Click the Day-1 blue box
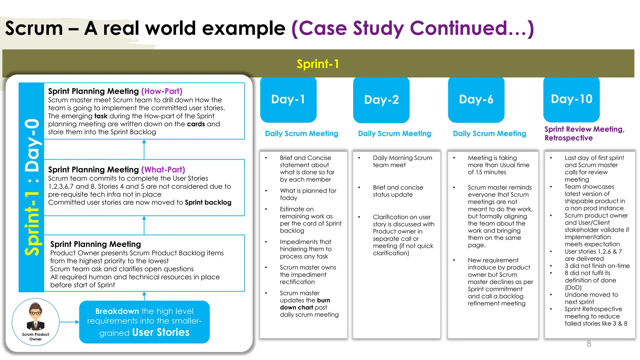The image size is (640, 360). (x=288, y=100)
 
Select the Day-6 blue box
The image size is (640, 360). (x=476, y=100)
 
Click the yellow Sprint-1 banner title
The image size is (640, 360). (x=317, y=64)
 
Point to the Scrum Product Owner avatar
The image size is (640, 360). (x=36, y=317)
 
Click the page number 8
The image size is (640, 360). (x=589, y=344)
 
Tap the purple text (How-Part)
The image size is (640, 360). (x=162, y=91)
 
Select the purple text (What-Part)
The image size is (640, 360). (x=163, y=170)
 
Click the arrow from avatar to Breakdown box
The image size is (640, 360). (x=69, y=322)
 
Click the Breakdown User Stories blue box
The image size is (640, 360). (x=144, y=322)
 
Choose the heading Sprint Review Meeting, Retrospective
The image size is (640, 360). (x=584, y=133)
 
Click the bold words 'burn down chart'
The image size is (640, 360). (x=305, y=304)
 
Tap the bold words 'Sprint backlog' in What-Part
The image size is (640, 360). (x=208, y=202)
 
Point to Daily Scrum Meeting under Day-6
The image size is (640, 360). (x=489, y=134)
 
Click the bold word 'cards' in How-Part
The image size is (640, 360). (x=196, y=124)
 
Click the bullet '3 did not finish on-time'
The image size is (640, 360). (x=597, y=266)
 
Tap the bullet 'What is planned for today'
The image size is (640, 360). (x=307, y=194)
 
